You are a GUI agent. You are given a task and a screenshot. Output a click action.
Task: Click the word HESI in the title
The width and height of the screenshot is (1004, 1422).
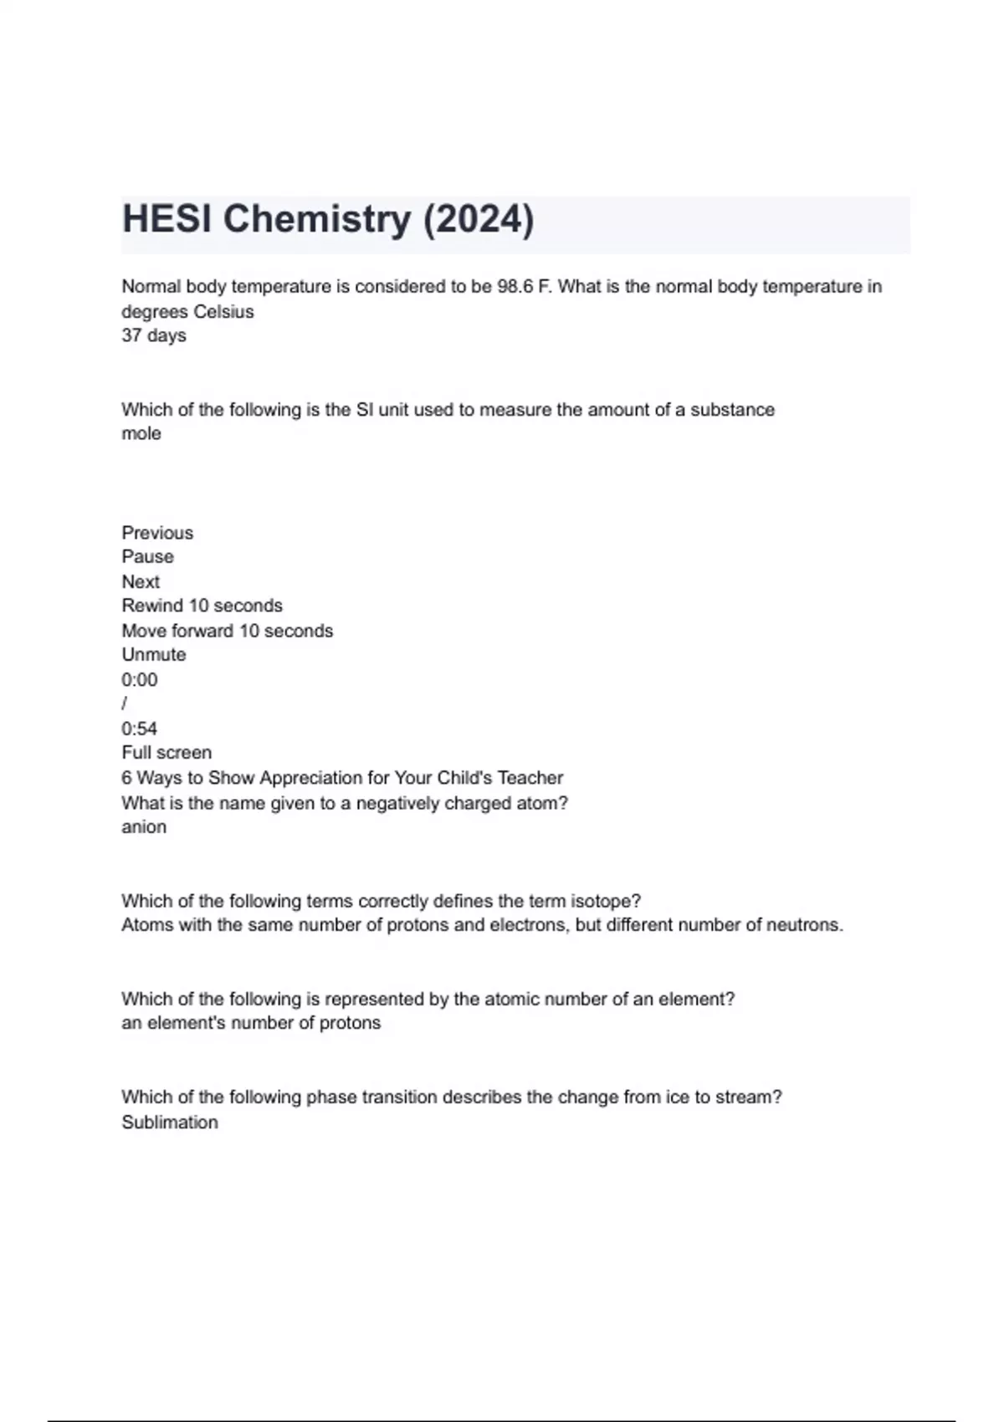pyautogui.click(x=167, y=219)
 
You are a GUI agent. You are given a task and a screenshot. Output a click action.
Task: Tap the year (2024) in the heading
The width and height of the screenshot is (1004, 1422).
pyautogui.click(x=478, y=219)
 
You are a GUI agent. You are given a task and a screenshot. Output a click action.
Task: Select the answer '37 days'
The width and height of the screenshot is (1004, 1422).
pyautogui.click(x=154, y=335)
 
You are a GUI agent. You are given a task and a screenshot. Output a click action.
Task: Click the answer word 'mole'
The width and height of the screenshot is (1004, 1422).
pyautogui.click(x=141, y=434)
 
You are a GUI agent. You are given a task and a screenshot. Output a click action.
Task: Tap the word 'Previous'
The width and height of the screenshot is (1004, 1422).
pyautogui.click(x=157, y=533)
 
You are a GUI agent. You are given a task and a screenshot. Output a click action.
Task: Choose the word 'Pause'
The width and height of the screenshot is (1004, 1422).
pyautogui.click(x=148, y=557)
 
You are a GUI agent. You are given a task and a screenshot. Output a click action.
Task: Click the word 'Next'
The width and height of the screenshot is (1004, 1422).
pyautogui.click(x=141, y=582)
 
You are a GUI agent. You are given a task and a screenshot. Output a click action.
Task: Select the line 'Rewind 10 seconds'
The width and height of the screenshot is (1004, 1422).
pyautogui.click(x=202, y=606)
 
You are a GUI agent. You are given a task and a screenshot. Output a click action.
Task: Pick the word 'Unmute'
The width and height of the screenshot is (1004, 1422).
pyautogui.click(x=154, y=655)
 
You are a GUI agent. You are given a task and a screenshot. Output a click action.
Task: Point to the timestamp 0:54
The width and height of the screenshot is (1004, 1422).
pyautogui.click(x=140, y=729)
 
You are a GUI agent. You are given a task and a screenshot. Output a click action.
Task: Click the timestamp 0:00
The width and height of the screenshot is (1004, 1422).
pyautogui.click(x=140, y=680)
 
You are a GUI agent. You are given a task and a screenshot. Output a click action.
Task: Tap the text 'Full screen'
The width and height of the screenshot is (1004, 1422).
pyautogui.click(x=166, y=753)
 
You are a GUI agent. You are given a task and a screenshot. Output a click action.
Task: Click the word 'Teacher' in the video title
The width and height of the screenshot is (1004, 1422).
pyautogui.click(x=530, y=778)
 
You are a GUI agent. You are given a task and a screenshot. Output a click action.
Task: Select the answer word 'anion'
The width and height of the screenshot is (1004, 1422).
pyautogui.click(x=144, y=827)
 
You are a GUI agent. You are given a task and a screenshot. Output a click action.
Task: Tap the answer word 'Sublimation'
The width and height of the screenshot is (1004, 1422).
pyautogui.click(x=170, y=1123)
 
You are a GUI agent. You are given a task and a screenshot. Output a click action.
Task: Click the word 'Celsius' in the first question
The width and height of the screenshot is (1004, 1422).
pyautogui.click(x=223, y=312)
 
